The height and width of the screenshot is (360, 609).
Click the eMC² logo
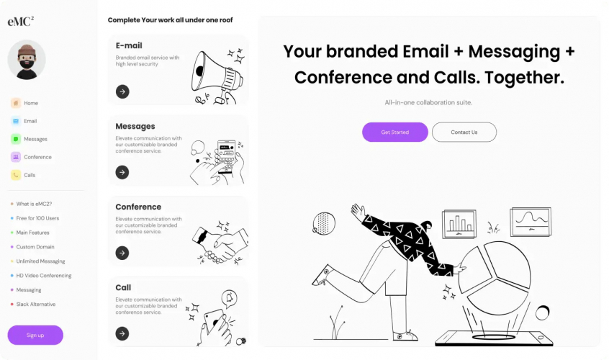(21, 21)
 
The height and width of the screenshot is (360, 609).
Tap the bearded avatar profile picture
(27, 60)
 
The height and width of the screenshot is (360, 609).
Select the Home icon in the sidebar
(16, 103)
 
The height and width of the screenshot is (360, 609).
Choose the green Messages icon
(16, 139)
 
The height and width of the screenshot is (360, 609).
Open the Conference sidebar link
(37, 157)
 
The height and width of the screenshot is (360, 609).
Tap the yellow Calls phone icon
(16, 175)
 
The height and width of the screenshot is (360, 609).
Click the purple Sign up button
(35, 335)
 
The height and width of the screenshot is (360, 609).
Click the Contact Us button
(464, 132)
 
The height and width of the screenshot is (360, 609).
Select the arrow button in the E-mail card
(122, 91)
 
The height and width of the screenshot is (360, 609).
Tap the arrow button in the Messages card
(122, 172)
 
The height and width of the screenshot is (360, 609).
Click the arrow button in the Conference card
(122, 253)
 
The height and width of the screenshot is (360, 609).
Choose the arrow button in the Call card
(122, 333)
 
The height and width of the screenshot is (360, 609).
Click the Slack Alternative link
(36, 304)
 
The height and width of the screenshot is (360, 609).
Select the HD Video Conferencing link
(44, 275)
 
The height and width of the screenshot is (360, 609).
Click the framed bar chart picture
(459, 224)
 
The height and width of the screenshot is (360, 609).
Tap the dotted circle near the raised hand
(323, 223)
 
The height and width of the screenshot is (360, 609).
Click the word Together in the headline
(524, 78)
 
